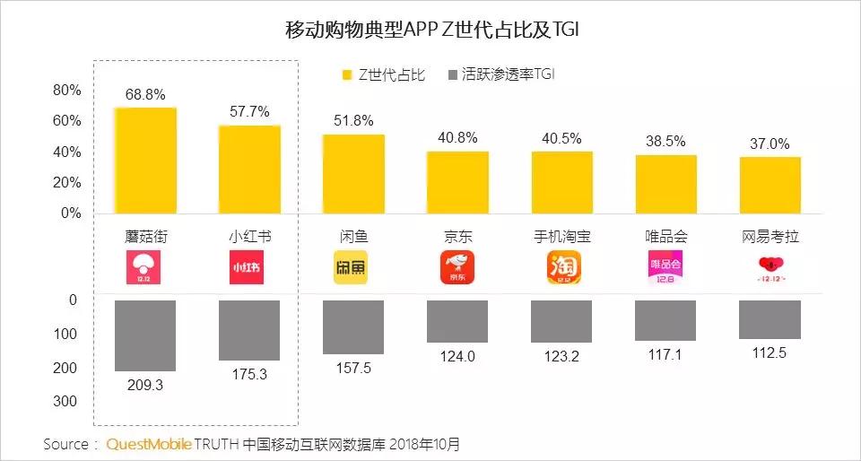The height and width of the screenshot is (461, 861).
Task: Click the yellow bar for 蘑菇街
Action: click(145, 161)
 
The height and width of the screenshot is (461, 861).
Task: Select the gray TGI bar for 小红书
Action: click(249, 330)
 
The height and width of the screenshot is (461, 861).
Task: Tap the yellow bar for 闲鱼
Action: click(353, 174)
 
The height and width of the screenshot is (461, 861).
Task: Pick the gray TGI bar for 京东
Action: click(457, 321)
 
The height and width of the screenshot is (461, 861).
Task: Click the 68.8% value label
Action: click(145, 94)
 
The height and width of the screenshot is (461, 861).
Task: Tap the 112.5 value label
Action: click(770, 352)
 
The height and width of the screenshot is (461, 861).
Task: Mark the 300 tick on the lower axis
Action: click(65, 401)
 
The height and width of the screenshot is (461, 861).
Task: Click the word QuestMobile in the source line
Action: click(149, 444)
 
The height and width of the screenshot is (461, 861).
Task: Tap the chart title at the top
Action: click(431, 30)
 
